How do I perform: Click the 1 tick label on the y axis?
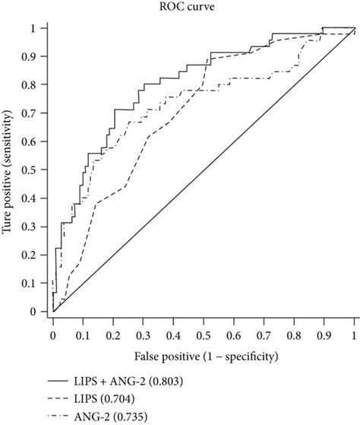coord(32,28)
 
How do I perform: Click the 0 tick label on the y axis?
coord(32,312)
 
